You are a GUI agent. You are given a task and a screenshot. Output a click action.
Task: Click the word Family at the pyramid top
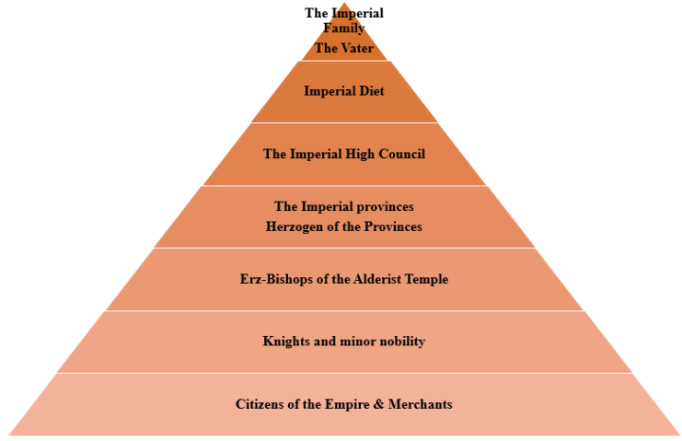pos(344,28)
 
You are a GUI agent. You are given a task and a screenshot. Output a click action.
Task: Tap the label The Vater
pos(344,48)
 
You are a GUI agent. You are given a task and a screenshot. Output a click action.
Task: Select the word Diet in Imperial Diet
pos(372,91)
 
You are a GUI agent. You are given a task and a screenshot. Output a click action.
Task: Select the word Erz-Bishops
pos(280,278)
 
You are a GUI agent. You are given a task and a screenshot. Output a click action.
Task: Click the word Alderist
pos(386,278)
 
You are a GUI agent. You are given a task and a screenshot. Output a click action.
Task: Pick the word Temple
pos(429,278)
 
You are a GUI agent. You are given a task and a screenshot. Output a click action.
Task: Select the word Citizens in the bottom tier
pos(260,404)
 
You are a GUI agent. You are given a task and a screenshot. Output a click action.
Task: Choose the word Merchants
pos(422,404)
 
